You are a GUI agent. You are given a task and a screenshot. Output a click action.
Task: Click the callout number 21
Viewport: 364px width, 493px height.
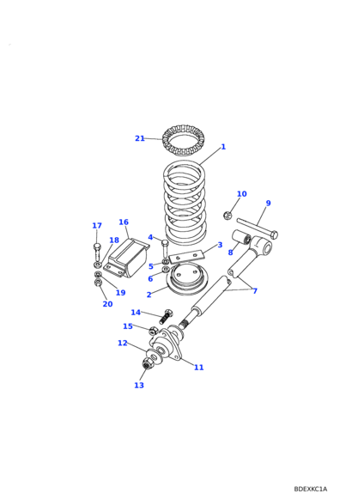(140, 138)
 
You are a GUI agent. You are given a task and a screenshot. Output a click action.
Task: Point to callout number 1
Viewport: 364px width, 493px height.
(223, 147)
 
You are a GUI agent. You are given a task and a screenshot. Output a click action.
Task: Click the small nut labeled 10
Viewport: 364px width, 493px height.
(227, 216)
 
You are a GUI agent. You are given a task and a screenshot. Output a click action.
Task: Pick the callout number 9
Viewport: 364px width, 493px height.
(268, 203)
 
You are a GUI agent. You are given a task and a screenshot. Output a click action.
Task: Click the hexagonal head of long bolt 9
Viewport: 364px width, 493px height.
(274, 234)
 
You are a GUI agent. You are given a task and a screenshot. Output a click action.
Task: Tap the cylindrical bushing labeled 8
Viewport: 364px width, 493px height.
(241, 237)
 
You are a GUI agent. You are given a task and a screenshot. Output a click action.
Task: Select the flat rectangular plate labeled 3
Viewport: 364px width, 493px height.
(186, 256)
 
